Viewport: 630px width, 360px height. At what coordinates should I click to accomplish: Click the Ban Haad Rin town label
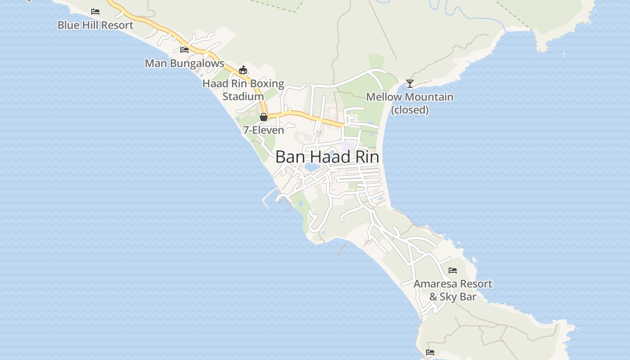[x=327, y=157]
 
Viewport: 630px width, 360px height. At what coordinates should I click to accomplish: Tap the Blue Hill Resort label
[x=95, y=25]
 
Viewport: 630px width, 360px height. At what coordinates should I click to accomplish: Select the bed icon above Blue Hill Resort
[x=95, y=12]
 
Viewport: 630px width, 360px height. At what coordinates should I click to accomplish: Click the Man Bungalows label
[x=184, y=63]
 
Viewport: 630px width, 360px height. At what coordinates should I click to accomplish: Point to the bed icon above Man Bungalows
[x=184, y=49]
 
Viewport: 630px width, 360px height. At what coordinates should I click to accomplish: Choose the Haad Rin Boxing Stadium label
[x=243, y=90]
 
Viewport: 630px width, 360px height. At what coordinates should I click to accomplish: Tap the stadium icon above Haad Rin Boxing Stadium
[x=243, y=70]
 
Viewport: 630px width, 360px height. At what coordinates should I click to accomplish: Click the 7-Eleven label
[x=264, y=130]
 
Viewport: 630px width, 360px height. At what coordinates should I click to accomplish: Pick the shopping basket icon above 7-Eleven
[x=264, y=117]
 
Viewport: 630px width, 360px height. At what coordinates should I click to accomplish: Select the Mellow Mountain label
[x=409, y=97]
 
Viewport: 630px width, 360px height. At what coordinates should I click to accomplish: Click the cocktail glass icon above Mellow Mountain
[x=409, y=84]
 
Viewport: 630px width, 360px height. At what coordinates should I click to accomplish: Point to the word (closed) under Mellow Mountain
[x=409, y=110]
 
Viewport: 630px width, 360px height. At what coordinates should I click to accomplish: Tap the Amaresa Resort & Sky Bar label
[x=453, y=290]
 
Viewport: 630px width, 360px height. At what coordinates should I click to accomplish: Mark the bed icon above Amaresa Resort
[x=453, y=270]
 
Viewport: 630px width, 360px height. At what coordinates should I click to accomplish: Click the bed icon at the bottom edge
[x=430, y=352]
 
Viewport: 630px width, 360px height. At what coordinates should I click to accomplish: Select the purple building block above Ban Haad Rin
[x=349, y=147]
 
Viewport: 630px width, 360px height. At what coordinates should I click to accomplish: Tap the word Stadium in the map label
[x=243, y=96]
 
